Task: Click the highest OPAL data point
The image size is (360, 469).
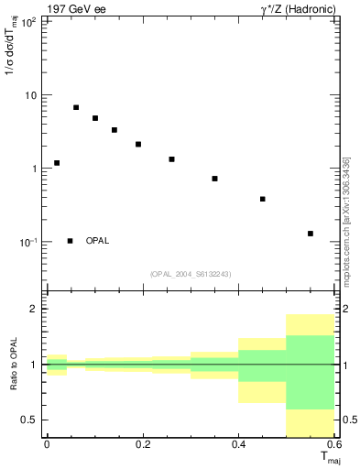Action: tap(76, 107)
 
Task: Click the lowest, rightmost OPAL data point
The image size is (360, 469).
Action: tap(311, 234)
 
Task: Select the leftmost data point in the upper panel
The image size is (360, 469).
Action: tap(57, 163)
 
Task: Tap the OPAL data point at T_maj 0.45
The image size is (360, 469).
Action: tap(263, 199)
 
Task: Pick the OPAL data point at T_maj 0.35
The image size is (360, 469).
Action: tap(214, 179)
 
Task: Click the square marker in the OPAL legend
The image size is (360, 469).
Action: tap(71, 241)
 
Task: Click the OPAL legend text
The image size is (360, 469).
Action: tap(97, 241)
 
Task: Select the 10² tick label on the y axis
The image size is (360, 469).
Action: tap(29, 22)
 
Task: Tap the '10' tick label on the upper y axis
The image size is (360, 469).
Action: tap(31, 96)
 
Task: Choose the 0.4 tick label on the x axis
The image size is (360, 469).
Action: tap(239, 444)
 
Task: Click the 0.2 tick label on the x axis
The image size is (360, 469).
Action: tap(142, 444)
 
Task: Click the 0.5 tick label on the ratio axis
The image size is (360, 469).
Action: tap(30, 420)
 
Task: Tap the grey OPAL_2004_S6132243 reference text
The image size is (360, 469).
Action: tap(191, 274)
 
